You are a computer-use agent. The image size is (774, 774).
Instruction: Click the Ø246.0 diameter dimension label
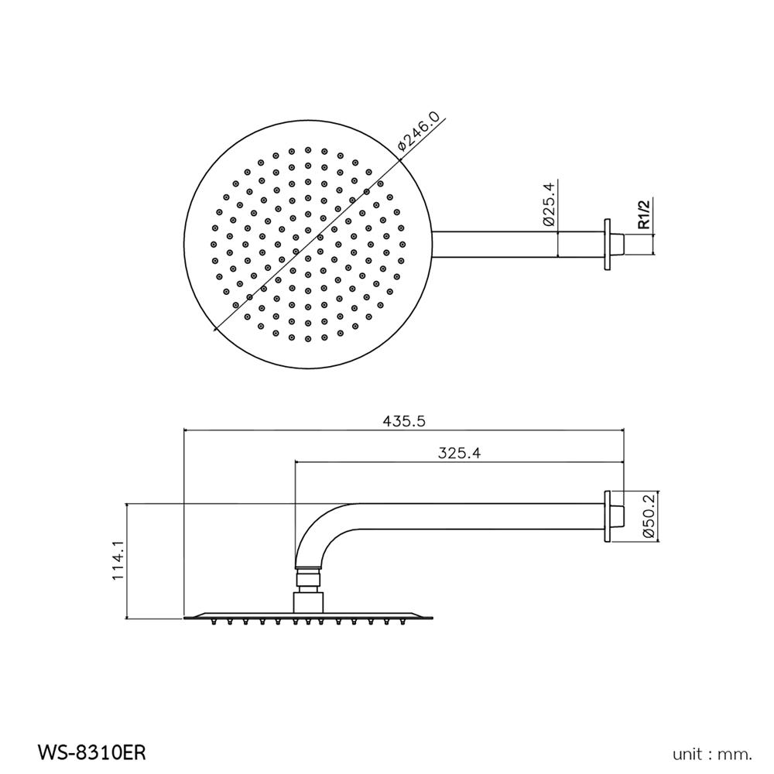click(419, 131)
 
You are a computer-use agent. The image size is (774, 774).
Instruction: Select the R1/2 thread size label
click(642, 214)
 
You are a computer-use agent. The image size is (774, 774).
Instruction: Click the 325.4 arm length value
click(460, 454)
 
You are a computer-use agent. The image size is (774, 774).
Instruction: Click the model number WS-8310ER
click(91, 752)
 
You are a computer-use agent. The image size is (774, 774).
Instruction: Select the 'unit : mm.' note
click(713, 752)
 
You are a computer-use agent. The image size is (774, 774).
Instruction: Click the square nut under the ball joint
click(308, 600)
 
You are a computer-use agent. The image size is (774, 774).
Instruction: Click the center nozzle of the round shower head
click(308, 245)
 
